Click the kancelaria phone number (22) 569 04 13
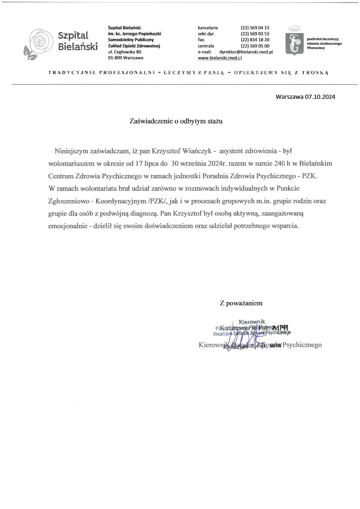[255, 28]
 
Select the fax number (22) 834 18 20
[255, 40]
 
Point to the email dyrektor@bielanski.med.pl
[246, 52]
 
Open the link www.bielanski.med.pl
[220, 58]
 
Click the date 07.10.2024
[320, 97]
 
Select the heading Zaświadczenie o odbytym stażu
[176, 121]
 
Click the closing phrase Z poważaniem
[241, 303]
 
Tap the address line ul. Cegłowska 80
[125, 52]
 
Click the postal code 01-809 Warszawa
[125, 58]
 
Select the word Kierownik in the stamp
[252, 322]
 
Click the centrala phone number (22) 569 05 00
[255, 46]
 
